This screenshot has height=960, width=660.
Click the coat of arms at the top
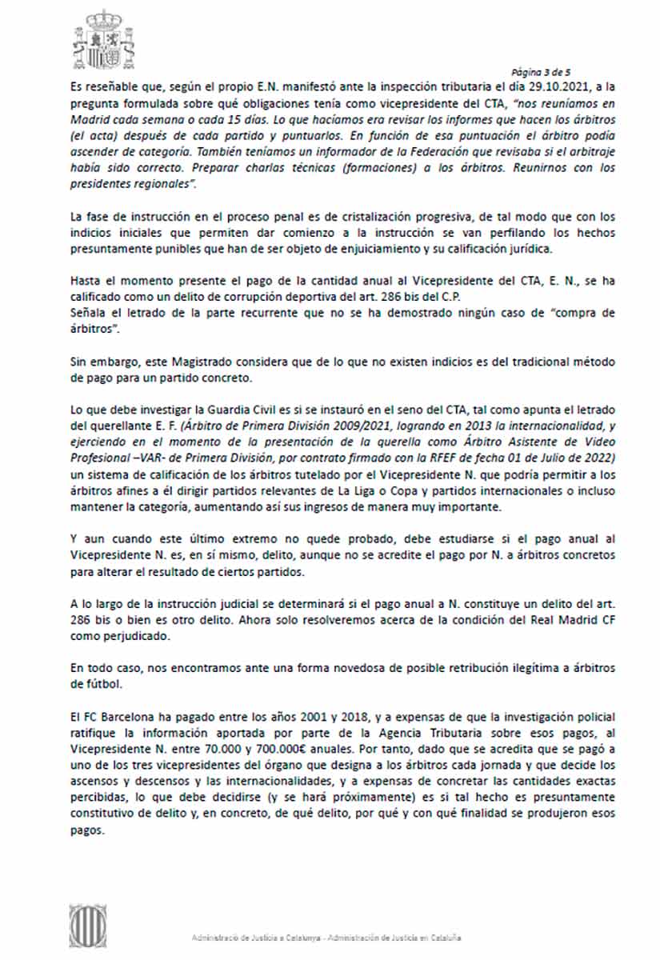pyautogui.click(x=103, y=39)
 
